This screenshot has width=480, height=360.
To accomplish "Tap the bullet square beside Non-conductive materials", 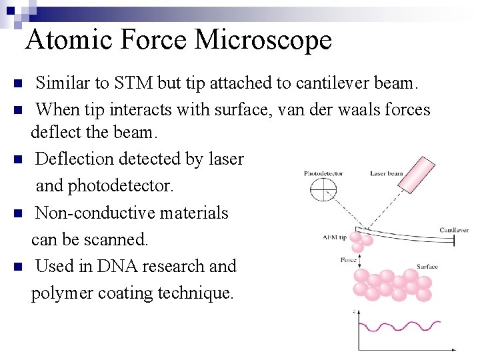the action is [x=18, y=214].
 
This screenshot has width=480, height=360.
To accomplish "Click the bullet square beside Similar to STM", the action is [x=18, y=84].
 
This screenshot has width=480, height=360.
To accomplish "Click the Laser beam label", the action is [x=387, y=173].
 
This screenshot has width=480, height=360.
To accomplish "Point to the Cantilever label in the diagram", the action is [x=454, y=230].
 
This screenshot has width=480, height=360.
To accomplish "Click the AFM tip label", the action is [x=334, y=237].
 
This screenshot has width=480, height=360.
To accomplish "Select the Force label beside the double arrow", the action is [x=348, y=260].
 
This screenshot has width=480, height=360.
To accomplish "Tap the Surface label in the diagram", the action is [x=427, y=267].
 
